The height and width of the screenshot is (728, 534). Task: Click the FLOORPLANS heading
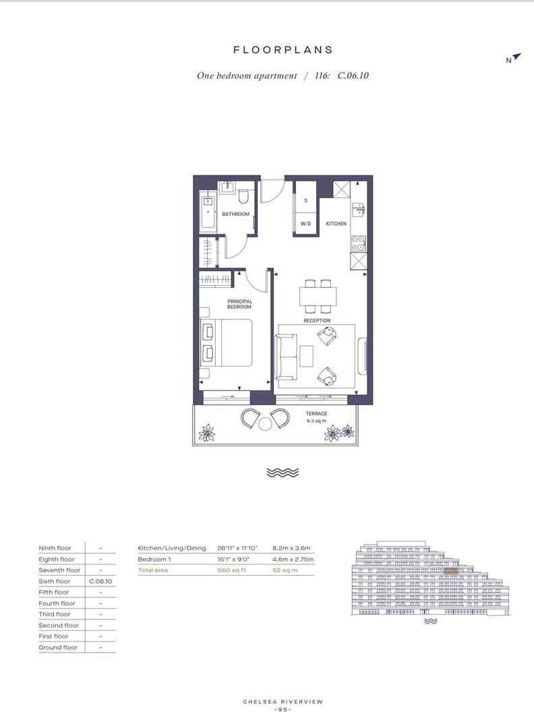click(283, 50)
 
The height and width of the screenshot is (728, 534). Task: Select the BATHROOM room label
click(235, 214)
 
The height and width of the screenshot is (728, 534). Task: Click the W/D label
click(305, 224)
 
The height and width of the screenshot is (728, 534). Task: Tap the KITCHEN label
click(336, 224)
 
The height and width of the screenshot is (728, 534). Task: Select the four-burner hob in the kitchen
click(358, 243)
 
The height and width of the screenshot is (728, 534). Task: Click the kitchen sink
click(359, 210)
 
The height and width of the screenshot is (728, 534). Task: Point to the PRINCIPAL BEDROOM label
click(239, 304)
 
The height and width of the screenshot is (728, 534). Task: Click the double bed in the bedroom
click(226, 342)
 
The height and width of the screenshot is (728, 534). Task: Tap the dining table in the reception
click(318, 296)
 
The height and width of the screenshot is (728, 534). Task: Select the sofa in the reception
click(286, 357)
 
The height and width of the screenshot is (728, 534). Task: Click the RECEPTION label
click(317, 320)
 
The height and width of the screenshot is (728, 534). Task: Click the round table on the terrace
click(265, 424)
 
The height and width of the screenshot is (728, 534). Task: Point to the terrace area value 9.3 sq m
click(316, 421)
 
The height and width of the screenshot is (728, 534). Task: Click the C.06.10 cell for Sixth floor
click(100, 581)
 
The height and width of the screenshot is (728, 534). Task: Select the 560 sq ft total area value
click(232, 570)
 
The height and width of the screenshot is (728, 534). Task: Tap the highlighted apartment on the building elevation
click(451, 571)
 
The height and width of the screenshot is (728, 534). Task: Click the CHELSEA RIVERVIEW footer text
click(283, 702)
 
